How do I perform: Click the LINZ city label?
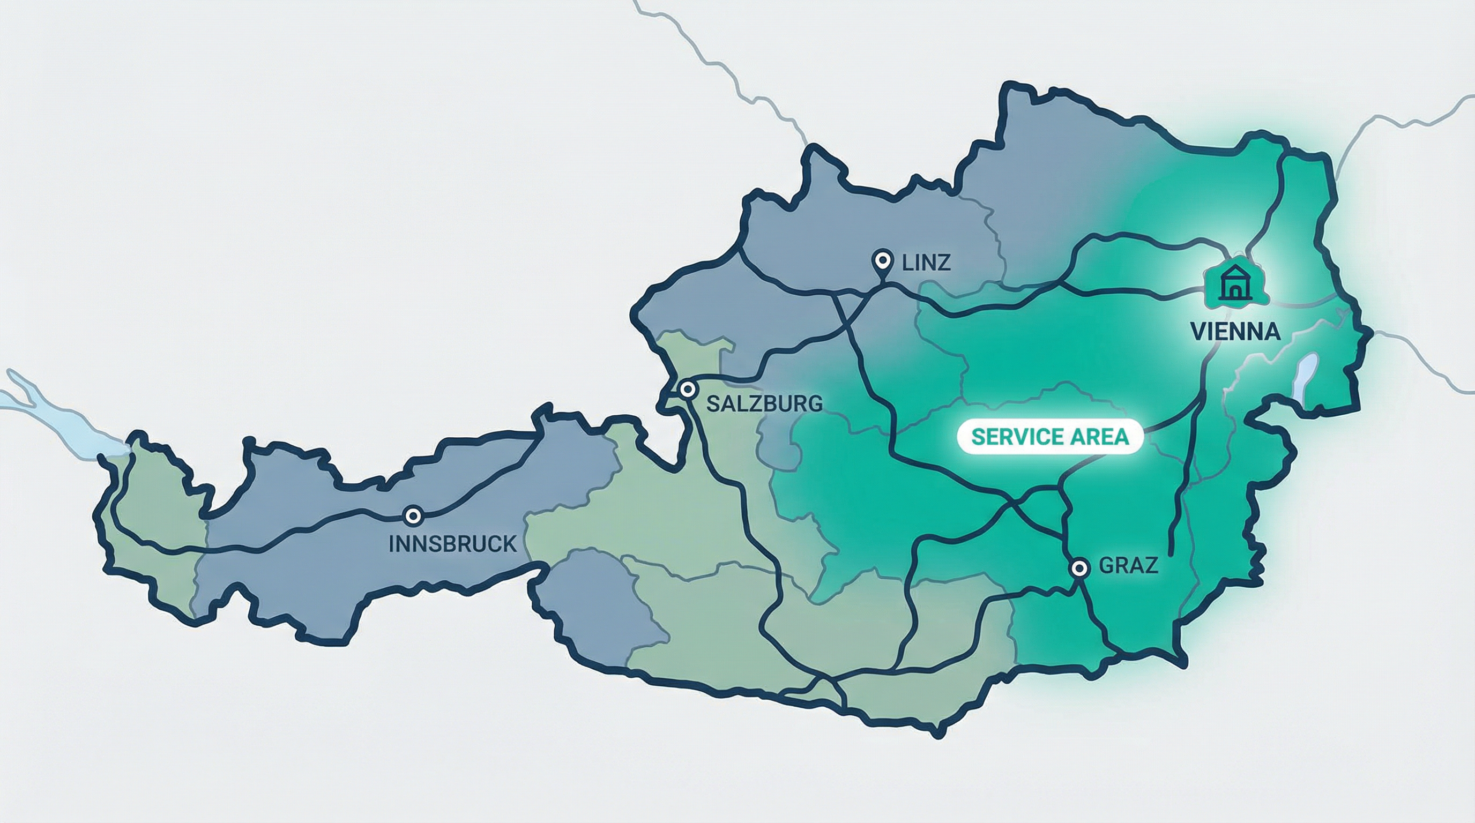926,263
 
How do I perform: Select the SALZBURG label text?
764,403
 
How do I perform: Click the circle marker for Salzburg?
687,390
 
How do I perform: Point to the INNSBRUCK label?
452,544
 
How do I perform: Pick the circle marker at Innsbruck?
413,515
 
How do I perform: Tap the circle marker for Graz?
1079,568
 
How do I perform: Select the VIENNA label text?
1235,332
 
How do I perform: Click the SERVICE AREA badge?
1049,437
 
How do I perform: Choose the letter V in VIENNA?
1199,332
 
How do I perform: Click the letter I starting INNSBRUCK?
392,544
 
